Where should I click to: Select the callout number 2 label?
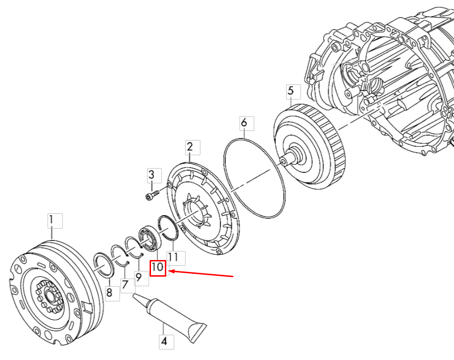click(190, 147)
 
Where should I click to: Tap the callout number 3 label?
click(151, 175)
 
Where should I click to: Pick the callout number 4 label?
click(164, 342)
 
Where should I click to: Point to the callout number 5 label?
click(291, 90)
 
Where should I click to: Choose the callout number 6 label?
click(244, 123)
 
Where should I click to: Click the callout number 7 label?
click(125, 284)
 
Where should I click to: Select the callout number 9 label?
click(139, 276)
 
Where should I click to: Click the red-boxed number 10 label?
click(158, 268)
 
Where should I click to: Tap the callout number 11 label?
click(173, 258)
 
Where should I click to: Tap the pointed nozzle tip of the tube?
click(135, 297)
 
